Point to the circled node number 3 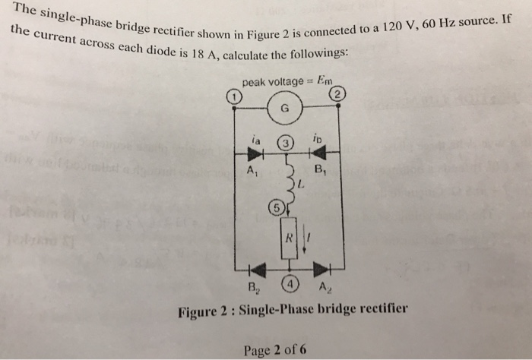click(284, 142)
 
